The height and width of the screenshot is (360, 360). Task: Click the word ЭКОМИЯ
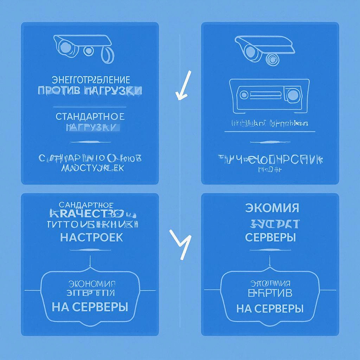coord(272,207)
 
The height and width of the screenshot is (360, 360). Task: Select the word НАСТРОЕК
coord(91,237)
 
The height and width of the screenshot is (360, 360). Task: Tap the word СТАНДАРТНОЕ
coord(90,116)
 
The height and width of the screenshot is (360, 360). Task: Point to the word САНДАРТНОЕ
coord(86,205)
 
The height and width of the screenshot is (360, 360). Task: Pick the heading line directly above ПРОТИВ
coord(90,79)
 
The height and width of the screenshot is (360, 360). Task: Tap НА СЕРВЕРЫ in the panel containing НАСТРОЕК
coord(90,307)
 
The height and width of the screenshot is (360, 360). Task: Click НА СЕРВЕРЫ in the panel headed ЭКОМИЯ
coord(270,309)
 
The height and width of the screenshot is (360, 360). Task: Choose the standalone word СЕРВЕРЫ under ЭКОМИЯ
coord(270,237)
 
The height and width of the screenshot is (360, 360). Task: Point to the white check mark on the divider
coord(183,86)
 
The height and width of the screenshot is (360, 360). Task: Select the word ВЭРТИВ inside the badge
coord(270,292)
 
